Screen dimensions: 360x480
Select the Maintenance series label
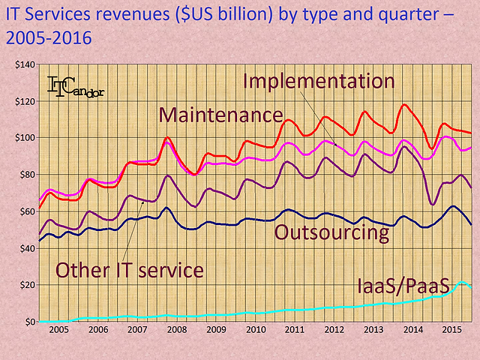pyautogui.click(x=220, y=115)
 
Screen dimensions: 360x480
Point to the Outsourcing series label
pyautogui.click(x=332, y=232)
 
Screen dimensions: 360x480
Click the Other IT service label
pyautogui.click(x=130, y=269)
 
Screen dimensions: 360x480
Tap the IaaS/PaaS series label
pyautogui.click(x=403, y=286)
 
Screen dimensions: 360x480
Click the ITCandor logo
pyautogui.click(x=76, y=86)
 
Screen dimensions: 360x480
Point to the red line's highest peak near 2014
pyautogui.click(x=405, y=104)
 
